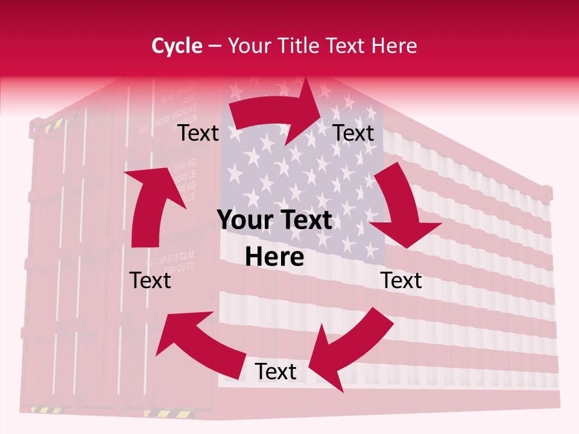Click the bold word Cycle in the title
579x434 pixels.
click(x=177, y=46)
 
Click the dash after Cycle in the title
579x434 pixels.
click(x=215, y=46)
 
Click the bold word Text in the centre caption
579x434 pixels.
click(x=305, y=221)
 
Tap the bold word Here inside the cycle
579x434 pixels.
click(x=274, y=257)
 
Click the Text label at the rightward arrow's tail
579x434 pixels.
click(x=198, y=133)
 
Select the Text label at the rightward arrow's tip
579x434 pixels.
click(x=353, y=133)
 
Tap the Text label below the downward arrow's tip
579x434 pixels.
click(x=401, y=280)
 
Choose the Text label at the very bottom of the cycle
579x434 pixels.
click(x=275, y=372)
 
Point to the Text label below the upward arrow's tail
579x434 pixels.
click(x=150, y=280)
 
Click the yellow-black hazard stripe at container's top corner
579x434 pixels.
click(x=53, y=125)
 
